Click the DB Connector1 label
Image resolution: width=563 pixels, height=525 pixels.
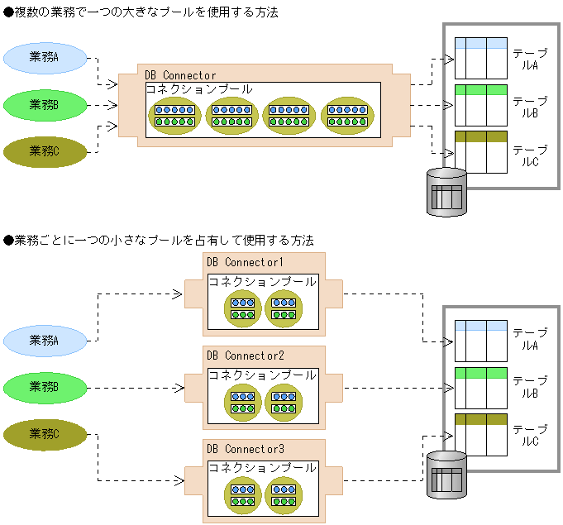(246, 262)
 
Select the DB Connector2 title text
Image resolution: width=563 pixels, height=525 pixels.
(246, 356)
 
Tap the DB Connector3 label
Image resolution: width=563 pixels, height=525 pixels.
(246, 449)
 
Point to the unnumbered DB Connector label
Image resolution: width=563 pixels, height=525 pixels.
(180, 75)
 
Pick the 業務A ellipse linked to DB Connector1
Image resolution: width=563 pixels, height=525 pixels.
(45, 340)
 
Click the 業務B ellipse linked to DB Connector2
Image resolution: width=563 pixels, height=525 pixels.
(45, 386)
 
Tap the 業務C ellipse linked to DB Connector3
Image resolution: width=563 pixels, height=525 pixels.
(45, 434)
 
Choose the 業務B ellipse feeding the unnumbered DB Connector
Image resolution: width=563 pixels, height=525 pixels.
(45, 104)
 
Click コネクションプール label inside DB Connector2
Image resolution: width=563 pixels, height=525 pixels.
(262, 375)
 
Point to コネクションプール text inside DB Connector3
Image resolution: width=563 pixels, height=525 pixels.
(262, 467)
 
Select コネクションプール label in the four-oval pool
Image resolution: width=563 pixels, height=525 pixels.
(199, 88)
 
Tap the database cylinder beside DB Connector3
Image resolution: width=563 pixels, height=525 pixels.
(446, 475)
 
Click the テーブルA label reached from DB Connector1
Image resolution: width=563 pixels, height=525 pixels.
(525, 339)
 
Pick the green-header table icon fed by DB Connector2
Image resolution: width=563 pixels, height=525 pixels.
(480, 386)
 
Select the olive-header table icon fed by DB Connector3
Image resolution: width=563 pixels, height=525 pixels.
(480, 434)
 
